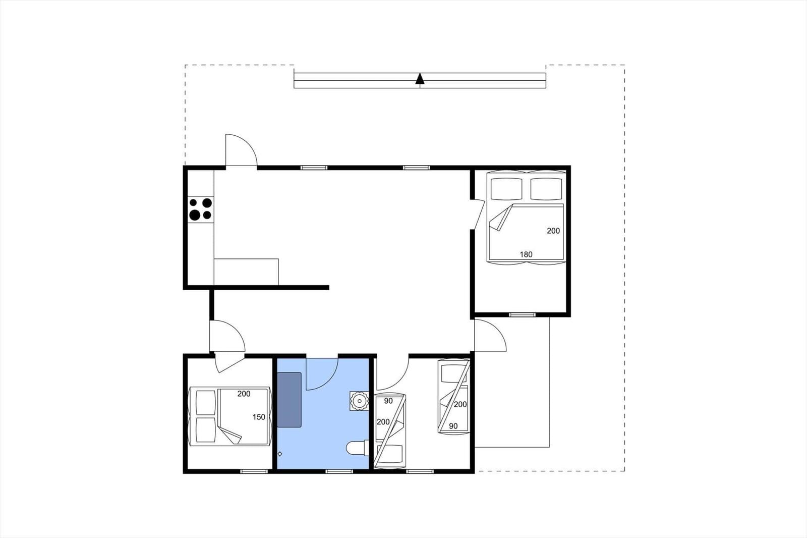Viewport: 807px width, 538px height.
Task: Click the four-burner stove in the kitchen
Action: point(200,209)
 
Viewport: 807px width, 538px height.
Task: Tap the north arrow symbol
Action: point(420,79)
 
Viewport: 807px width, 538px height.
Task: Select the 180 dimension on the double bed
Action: point(526,254)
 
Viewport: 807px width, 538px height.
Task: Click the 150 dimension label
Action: point(259,417)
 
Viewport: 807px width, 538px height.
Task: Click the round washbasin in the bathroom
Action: point(359,401)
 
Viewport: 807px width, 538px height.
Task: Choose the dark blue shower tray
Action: point(289,400)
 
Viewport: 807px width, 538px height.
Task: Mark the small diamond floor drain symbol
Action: point(280,454)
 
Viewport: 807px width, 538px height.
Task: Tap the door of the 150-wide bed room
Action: point(229,362)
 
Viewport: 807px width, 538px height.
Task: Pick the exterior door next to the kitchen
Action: point(241,150)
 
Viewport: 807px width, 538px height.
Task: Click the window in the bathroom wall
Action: point(339,471)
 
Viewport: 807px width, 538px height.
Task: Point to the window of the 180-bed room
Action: point(522,315)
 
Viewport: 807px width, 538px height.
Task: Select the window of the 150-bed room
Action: point(254,471)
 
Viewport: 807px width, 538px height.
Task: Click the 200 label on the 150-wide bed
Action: point(244,394)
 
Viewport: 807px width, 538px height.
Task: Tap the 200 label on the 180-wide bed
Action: point(553,231)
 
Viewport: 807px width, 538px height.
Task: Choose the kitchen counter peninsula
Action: point(246,272)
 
